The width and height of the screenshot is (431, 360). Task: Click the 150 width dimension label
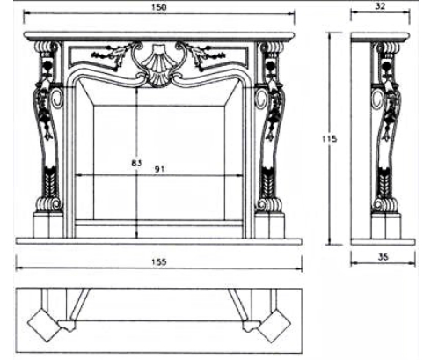[x=158, y=7]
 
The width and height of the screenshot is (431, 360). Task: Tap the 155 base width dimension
[x=159, y=261]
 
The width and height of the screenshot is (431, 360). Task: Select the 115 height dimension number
[x=330, y=138]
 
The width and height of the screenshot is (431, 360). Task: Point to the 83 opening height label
[x=136, y=163]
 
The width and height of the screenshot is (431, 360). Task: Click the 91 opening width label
[x=159, y=169]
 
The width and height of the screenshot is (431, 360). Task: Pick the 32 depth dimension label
[x=380, y=6]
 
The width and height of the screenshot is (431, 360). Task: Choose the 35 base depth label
[x=383, y=257]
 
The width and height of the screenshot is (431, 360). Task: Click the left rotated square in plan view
[x=44, y=325]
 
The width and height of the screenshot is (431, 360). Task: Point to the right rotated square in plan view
[x=274, y=325]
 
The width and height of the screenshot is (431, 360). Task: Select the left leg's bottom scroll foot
[x=48, y=204]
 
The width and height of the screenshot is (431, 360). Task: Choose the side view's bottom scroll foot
[x=385, y=205]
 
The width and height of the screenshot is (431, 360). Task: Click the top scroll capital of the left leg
[x=47, y=47]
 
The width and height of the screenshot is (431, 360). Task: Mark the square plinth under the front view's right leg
[x=270, y=225]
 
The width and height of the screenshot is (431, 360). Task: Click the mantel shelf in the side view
[x=380, y=37]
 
